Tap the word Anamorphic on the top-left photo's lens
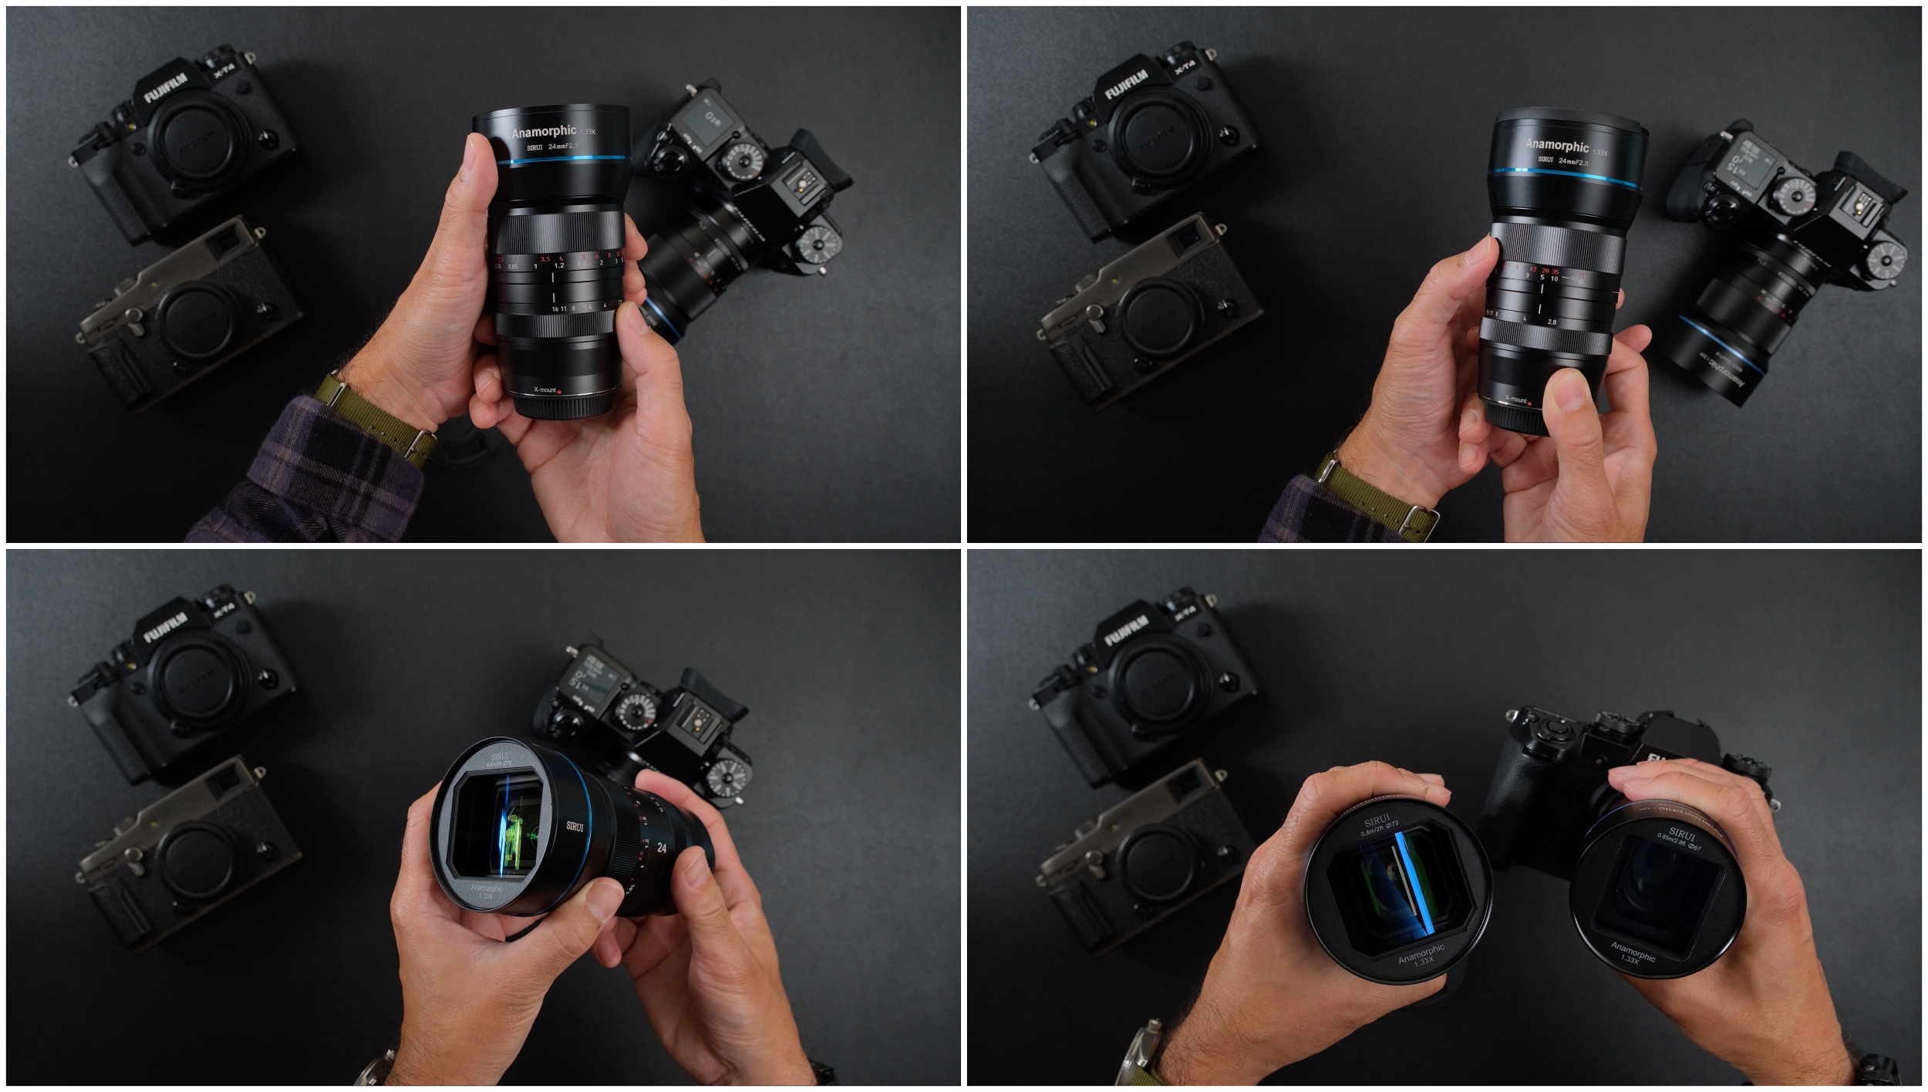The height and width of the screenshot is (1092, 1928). (x=544, y=132)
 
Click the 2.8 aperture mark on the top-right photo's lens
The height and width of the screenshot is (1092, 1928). (x=1552, y=322)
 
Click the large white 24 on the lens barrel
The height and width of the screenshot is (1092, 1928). (x=661, y=848)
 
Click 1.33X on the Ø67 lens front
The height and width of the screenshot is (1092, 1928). (x=1630, y=959)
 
